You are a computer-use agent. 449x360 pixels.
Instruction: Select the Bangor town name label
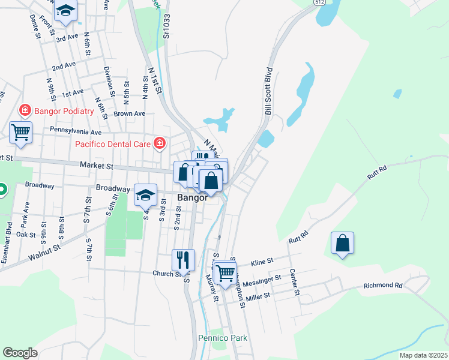[192, 197]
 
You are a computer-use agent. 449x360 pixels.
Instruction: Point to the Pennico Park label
[223, 338]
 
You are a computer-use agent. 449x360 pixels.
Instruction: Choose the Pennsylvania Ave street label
[76, 131]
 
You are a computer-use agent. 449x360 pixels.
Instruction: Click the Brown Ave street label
[130, 113]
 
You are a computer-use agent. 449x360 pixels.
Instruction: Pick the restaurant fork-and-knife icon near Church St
[184, 259]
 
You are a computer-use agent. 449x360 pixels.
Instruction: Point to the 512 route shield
[318, 2]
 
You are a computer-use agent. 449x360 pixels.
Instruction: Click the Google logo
[20, 353]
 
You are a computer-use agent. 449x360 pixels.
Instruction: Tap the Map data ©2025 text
[423, 355]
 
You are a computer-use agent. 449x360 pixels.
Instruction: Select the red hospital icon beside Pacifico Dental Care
[160, 143]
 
